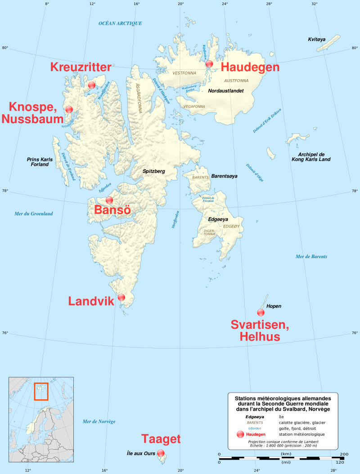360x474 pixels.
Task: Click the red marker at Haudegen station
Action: tap(209, 64)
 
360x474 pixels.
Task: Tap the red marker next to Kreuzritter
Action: tap(92, 85)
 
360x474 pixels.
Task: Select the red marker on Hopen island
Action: tap(261, 313)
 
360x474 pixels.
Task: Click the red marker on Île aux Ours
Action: tap(161, 453)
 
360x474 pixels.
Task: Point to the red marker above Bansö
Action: tap(109, 200)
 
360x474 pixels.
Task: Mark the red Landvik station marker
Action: tap(121, 297)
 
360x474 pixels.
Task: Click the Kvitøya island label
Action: tap(317, 40)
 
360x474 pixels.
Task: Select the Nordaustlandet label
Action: tap(226, 90)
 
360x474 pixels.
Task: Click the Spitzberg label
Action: tap(154, 171)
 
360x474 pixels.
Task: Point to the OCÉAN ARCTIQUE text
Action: tap(120, 23)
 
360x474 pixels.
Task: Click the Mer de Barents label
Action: tap(311, 256)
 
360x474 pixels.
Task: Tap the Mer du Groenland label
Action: tap(34, 214)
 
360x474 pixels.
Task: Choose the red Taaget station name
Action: tap(161, 439)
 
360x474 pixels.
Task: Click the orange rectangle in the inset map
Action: tap(41, 391)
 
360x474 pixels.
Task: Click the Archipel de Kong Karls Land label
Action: tap(311, 157)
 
